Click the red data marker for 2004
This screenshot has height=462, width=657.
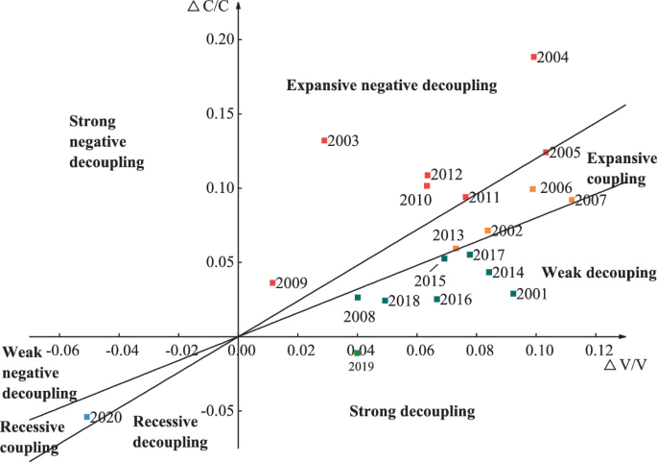[x=534, y=57]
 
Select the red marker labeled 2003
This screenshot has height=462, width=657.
[x=324, y=140]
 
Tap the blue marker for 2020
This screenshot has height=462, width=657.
[x=87, y=417]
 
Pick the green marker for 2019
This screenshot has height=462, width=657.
[x=358, y=353]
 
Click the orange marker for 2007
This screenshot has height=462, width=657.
[x=572, y=200]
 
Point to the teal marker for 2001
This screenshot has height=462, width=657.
[x=513, y=294]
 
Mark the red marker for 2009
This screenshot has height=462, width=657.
[x=272, y=282]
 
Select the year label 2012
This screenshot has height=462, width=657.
[x=446, y=175]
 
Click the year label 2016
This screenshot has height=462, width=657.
[x=455, y=300]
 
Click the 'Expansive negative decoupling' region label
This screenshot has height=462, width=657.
[x=391, y=86]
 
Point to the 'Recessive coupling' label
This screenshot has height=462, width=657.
[x=33, y=436]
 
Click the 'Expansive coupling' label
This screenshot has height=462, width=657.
[x=622, y=169]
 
